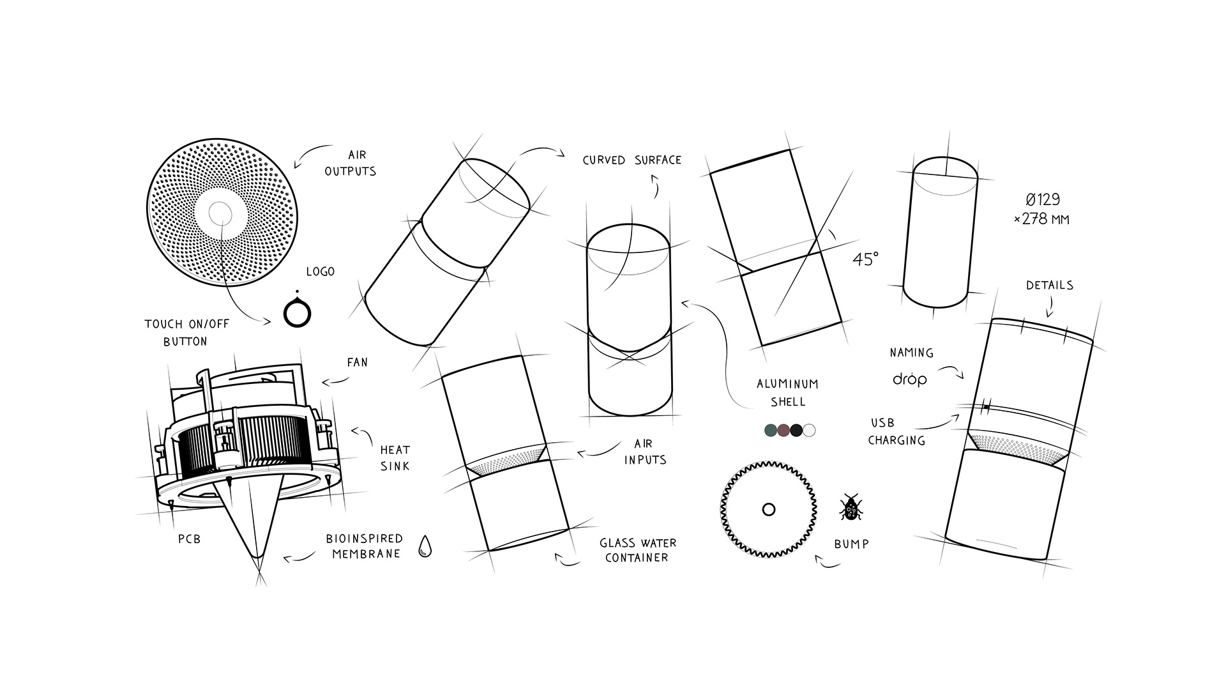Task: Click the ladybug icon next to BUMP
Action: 851,508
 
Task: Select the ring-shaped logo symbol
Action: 297,313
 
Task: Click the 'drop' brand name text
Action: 909,379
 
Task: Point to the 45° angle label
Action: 865,259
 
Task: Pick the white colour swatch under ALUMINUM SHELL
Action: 809,430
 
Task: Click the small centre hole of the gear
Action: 769,509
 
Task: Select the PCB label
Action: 189,539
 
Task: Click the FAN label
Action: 357,363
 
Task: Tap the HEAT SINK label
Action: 395,458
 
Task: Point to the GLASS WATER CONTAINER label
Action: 637,550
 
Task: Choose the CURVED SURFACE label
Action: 632,160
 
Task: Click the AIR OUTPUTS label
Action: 351,163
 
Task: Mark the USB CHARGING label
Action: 896,431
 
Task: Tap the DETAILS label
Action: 1049,286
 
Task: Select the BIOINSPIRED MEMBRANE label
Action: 365,546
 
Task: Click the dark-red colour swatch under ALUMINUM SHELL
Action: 784,430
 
